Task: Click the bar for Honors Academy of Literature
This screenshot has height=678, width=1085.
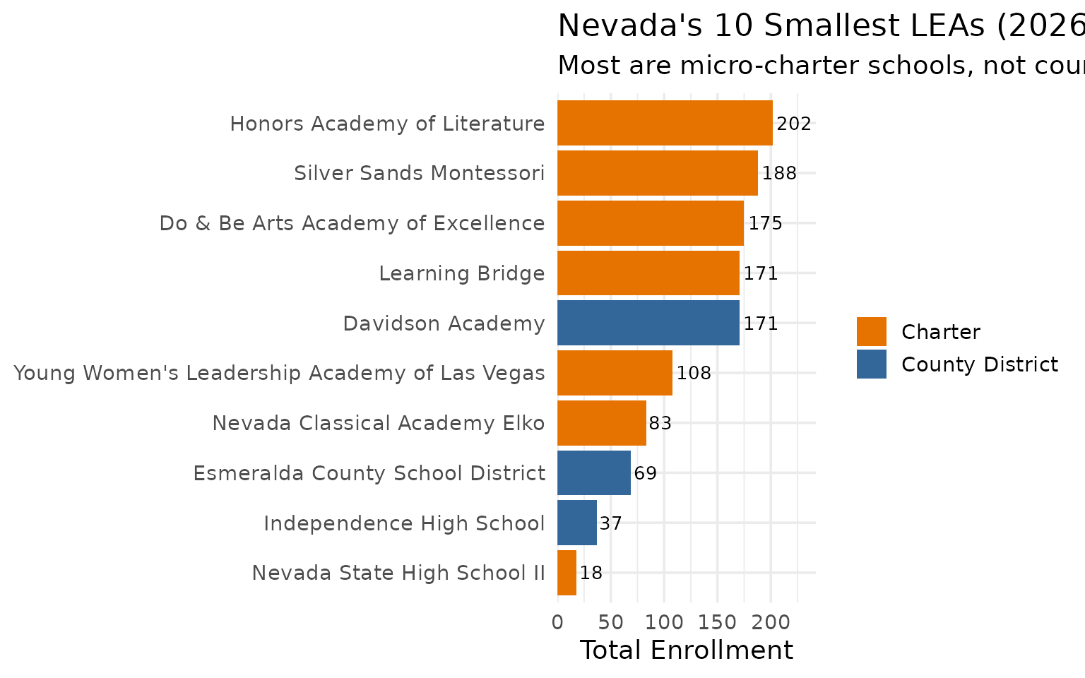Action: [x=664, y=123]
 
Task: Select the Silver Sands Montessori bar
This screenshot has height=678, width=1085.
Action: [x=657, y=173]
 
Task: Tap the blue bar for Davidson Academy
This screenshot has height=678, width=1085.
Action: [x=648, y=323]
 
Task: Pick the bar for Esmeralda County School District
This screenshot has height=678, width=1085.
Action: [x=593, y=472]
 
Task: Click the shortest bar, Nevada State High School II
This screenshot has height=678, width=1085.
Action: [x=567, y=573]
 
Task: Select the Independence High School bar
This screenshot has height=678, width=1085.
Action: [x=576, y=523]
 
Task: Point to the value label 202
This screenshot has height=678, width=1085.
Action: [x=794, y=124]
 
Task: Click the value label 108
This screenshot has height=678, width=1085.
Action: [x=694, y=373]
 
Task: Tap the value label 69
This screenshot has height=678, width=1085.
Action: [x=645, y=473]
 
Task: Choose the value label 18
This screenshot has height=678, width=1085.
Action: [x=591, y=573]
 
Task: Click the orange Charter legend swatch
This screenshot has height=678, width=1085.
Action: [x=871, y=332]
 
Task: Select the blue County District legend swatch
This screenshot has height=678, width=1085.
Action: [x=871, y=364]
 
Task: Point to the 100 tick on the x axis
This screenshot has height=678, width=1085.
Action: [x=664, y=622]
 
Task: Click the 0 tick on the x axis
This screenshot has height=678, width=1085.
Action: [x=557, y=622]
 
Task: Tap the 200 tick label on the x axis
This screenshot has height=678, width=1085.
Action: [x=771, y=622]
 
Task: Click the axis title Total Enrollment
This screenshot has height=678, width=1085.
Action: [x=686, y=650]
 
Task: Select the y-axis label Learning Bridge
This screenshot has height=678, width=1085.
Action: [x=461, y=273]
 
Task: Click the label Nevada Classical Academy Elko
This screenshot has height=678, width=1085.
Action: [x=378, y=423]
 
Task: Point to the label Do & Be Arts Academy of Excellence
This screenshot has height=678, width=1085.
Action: [x=352, y=223]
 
